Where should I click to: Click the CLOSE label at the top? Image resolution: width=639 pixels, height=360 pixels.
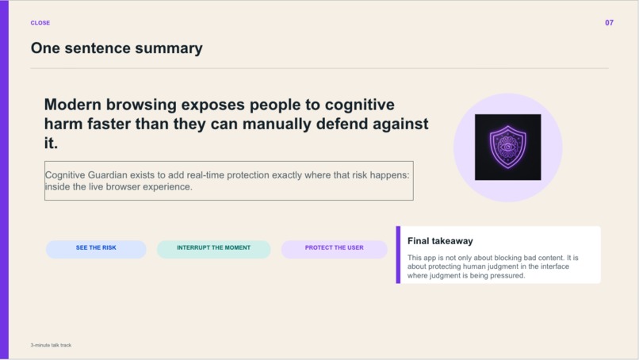40,23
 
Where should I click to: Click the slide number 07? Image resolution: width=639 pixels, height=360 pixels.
609,23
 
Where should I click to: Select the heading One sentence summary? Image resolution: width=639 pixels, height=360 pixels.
117,48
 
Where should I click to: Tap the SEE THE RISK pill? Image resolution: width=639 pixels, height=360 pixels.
96,248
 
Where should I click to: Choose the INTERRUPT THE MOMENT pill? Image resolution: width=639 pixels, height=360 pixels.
213,248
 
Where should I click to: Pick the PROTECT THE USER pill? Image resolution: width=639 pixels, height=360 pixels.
334,248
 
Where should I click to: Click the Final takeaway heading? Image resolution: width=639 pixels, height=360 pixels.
440,241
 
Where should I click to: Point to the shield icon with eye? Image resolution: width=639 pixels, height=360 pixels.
507,147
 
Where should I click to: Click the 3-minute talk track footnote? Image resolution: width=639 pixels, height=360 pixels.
51,345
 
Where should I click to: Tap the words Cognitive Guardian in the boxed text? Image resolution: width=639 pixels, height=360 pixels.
87,174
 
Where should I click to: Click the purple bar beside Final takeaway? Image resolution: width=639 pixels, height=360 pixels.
398,255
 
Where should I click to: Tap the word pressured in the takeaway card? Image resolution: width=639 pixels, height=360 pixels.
506,276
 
